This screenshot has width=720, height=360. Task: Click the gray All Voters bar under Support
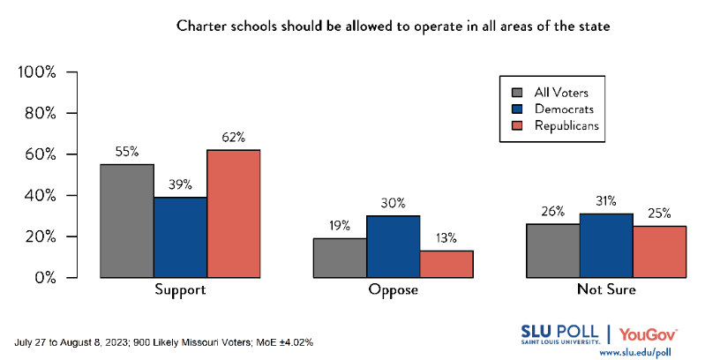click(127, 221)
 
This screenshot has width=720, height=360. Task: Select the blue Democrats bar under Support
click(180, 237)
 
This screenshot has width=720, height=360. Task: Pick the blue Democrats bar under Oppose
click(394, 246)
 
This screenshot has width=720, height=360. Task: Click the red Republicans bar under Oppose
click(446, 264)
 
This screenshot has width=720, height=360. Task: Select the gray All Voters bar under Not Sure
click(553, 251)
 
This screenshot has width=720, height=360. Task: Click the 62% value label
click(233, 137)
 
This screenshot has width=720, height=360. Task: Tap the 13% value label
click(446, 238)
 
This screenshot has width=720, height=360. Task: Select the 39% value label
click(180, 184)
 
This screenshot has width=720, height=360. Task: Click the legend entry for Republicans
click(556, 125)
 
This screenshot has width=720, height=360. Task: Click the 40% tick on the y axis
click(41, 196)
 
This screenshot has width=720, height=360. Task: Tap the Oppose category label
click(394, 290)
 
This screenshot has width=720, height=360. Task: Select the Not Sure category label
click(606, 290)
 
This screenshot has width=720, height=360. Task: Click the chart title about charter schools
click(393, 26)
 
